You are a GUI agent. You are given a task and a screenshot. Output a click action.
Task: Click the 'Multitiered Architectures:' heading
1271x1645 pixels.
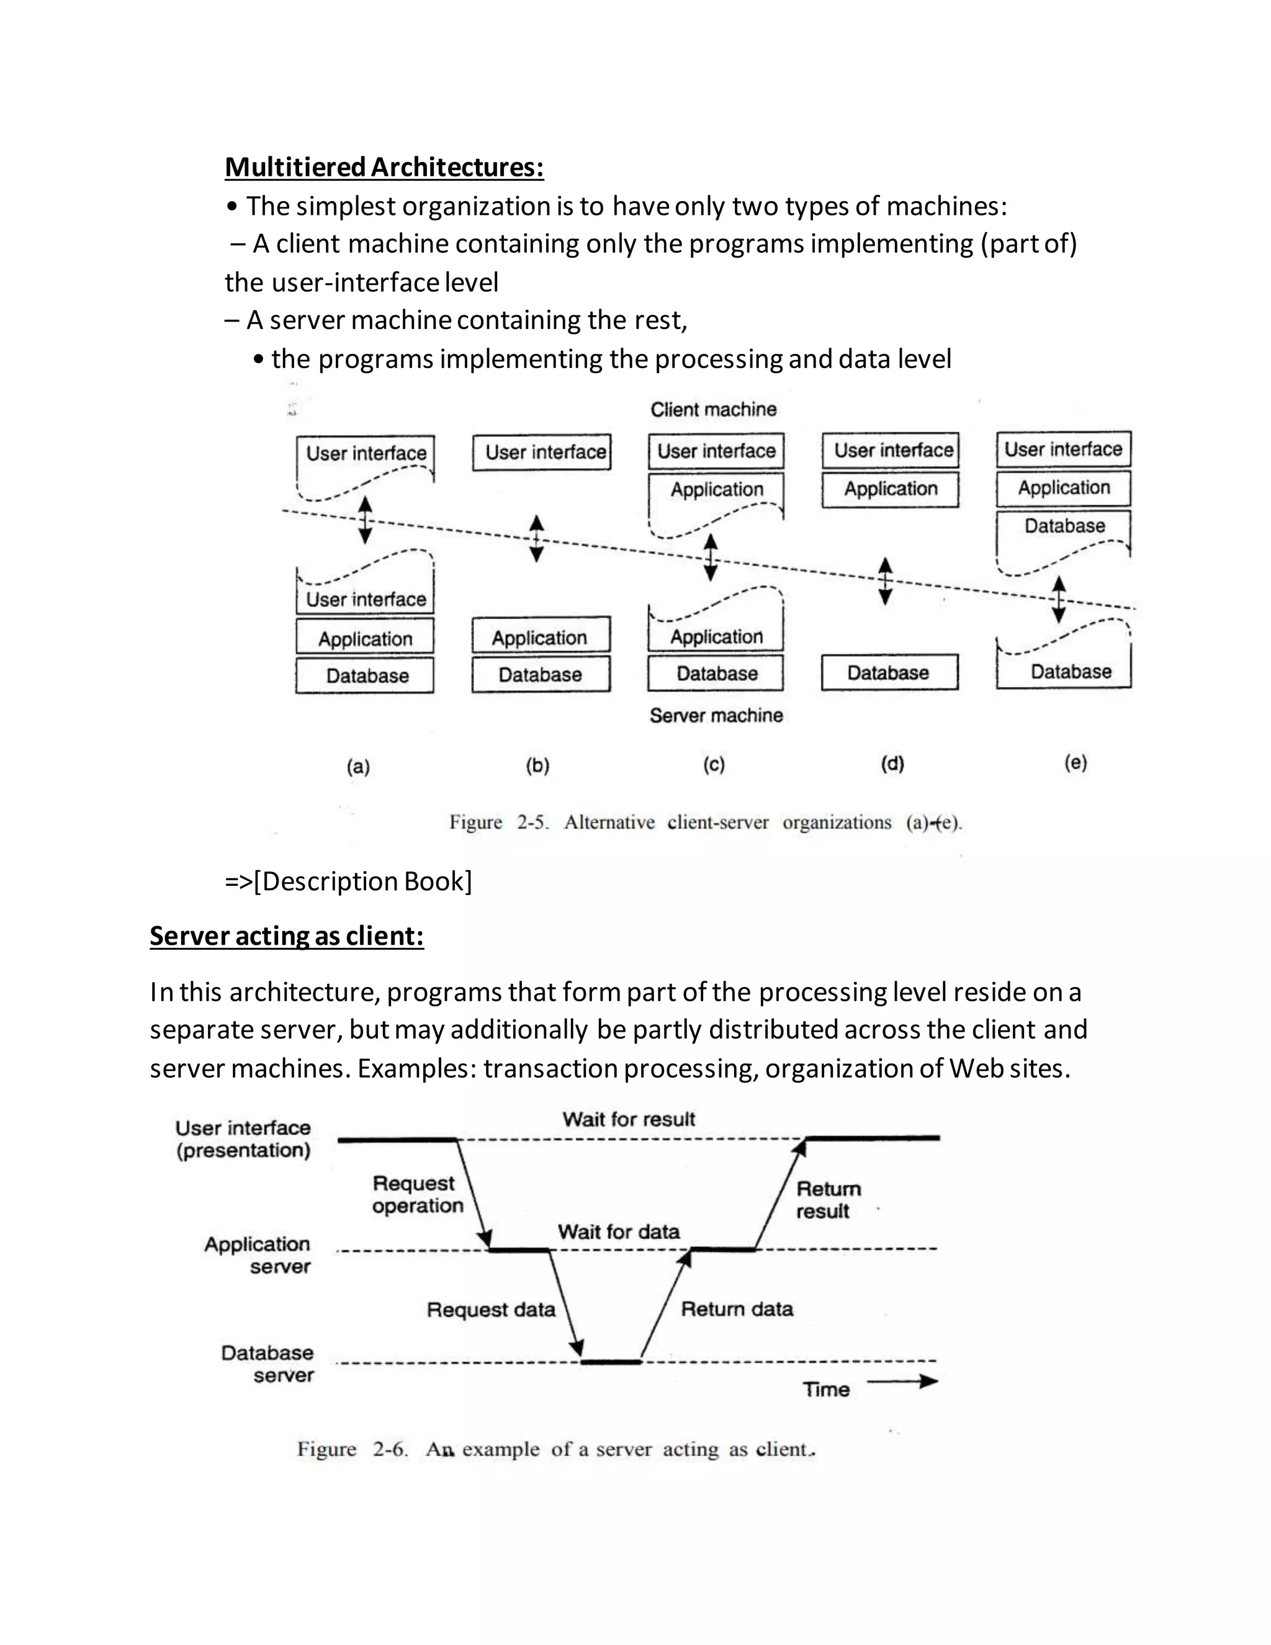tap(384, 166)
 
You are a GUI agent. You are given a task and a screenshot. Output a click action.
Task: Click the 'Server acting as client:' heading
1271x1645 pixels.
tap(286, 935)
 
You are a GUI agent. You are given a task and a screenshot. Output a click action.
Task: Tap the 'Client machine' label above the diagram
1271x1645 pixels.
tap(713, 410)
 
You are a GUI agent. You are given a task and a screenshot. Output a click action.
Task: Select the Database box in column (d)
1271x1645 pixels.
tap(889, 673)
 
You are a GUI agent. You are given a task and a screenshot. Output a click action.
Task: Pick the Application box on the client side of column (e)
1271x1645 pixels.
tap(1063, 488)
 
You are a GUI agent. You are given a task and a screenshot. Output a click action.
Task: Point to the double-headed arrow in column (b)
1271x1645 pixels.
tap(536, 539)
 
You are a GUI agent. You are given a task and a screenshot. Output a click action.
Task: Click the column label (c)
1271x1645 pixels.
tap(714, 765)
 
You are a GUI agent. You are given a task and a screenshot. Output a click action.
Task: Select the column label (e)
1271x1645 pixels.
tap(1076, 763)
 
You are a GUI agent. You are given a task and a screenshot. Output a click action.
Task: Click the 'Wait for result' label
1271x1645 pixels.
tap(629, 1119)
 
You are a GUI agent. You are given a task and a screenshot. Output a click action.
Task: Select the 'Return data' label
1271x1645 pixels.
tap(737, 1309)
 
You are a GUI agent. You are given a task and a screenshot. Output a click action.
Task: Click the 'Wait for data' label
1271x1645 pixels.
tap(618, 1232)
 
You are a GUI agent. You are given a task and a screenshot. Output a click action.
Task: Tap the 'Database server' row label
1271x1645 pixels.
tap(267, 1364)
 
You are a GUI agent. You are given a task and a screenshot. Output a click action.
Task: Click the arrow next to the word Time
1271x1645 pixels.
tap(901, 1381)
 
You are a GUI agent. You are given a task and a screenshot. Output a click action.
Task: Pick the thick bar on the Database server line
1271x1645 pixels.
tap(611, 1362)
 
